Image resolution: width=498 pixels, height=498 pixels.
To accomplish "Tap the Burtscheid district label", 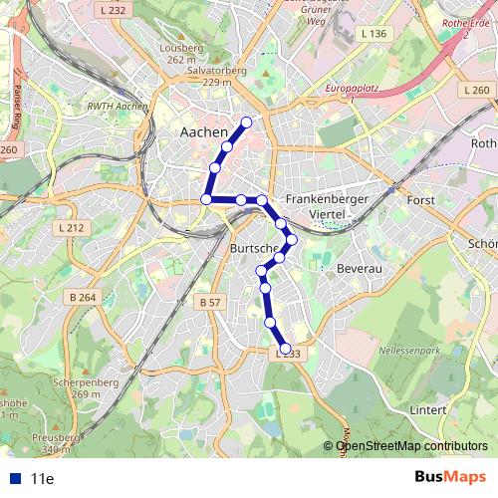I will pos(252,247).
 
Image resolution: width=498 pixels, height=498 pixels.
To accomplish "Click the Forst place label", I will pos(421,200).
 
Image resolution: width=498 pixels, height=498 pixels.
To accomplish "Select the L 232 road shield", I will pos(115,10).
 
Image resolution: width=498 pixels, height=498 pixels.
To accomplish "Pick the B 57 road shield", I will pos(209,302).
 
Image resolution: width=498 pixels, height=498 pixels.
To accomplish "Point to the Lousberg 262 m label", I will pos(181,53).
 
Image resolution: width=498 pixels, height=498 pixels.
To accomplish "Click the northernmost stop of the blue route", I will pos(246,123).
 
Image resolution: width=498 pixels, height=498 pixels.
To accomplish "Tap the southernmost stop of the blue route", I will pos(286,349).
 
